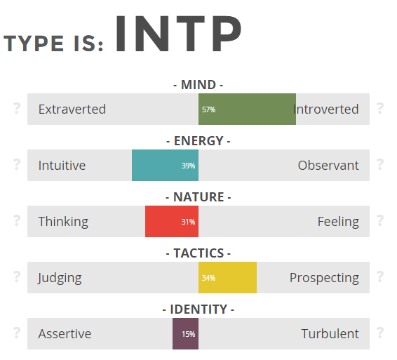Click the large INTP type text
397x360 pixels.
pyautogui.click(x=179, y=34)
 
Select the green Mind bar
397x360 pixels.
pyautogui.click(x=247, y=109)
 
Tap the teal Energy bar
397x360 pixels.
pyautogui.click(x=165, y=165)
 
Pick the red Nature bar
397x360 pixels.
pyautogui.click(x=172, y=222)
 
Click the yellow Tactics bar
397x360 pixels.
pyautogui.click(x=228, y=277)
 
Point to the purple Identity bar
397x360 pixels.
pyautogui.click(x=186, y=333)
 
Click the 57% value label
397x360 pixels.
pyautogui.click(x=208, y=109)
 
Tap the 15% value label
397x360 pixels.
pyautogui.click(x=189, y=334)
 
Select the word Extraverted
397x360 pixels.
pyautogui.click(x=72, y=109)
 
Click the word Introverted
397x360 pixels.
pyautogui.click(x=326, y=109)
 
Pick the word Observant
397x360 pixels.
pyautogui.click(x=328, y=166)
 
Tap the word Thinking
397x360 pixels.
pyautogui.click(x=63, y=222)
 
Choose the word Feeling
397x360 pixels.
pyautogui.click(x=338, y=222)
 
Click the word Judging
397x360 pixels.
pyautogui.click(x=60, y=278)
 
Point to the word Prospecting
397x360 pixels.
pyautogui.click(x=324, y=278)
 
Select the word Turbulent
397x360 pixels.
pyautogui.click(x=330, y=333)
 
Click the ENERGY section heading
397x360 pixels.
pyautogui.click(x=198, y=141)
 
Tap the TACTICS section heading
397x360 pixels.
pyautogui.click(x=198, y=253)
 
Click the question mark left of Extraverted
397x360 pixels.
pyautogui.click(x=17, y=108)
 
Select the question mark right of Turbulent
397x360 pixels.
pyautogui.click(x=380, y=333)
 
